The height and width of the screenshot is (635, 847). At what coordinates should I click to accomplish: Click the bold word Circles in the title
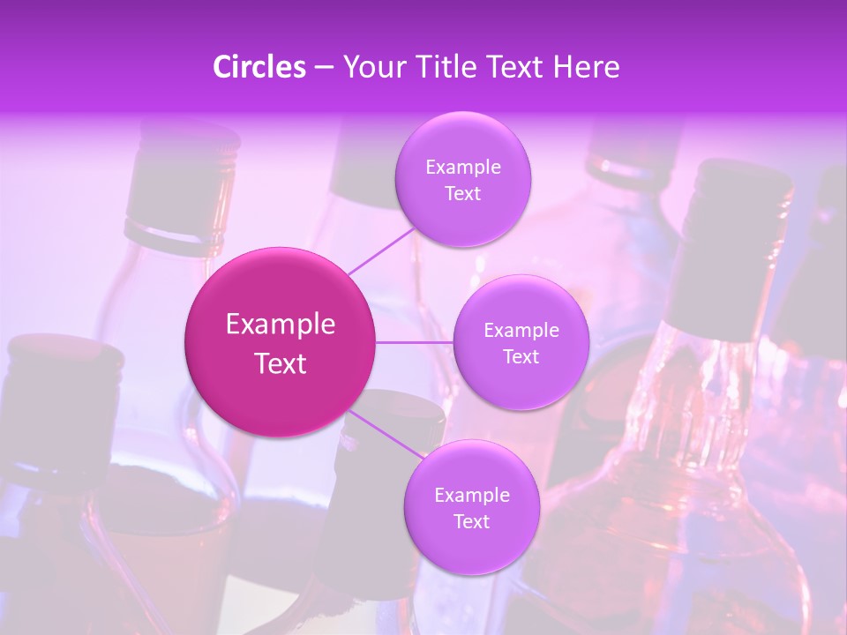click(x=259, y=67)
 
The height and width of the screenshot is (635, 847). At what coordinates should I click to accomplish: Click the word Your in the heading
click(x=373, y=67)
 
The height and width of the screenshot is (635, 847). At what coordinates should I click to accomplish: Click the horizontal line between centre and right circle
click(x=415, y=342)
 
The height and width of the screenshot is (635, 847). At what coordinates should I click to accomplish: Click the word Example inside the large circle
click(x=281, y=325)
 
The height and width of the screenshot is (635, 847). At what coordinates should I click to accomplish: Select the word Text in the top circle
click(x=462, y=194)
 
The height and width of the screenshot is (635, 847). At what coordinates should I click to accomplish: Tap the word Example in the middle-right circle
click(x=521, y=331)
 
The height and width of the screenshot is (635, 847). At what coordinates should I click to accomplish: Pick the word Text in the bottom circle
click(x=471, y=522)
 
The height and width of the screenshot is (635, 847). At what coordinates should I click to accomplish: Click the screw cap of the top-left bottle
click(x=183, y=176)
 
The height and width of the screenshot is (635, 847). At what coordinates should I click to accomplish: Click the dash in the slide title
click(x=323, y=68)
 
